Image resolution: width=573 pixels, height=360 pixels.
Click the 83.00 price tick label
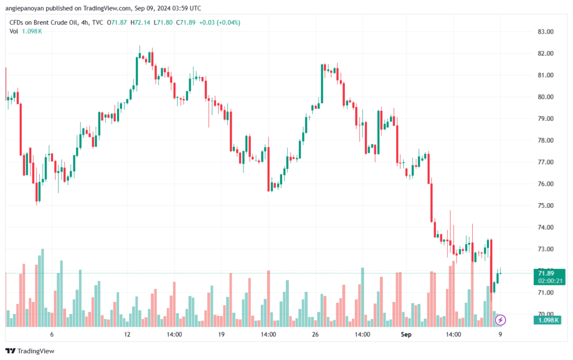(545, 32)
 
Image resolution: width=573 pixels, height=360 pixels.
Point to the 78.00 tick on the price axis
(545, 141)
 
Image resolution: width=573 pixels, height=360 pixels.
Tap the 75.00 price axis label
(545, 205)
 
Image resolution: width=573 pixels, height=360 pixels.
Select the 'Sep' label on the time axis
(406, 334)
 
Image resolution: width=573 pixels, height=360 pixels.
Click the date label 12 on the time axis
(127, 334)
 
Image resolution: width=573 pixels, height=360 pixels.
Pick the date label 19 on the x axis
(221, 334)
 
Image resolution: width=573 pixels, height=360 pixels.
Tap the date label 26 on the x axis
(316, 334)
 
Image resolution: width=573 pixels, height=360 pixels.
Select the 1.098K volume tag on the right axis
(547, 320)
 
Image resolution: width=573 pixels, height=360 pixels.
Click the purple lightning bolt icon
(500, 320)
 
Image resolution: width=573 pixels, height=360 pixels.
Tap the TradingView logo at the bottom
(30, 351)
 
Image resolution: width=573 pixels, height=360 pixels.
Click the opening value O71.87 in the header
(116, 22)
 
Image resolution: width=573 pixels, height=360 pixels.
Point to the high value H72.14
(140, 22)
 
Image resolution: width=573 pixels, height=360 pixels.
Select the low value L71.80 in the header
(163, 22)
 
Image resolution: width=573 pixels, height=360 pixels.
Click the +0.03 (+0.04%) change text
(219, 22)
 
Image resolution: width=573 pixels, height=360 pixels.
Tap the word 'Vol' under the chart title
(13, 31)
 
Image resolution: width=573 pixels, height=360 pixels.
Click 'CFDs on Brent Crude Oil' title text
(44, 22)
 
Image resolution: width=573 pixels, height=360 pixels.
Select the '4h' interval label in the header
(85, 22)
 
